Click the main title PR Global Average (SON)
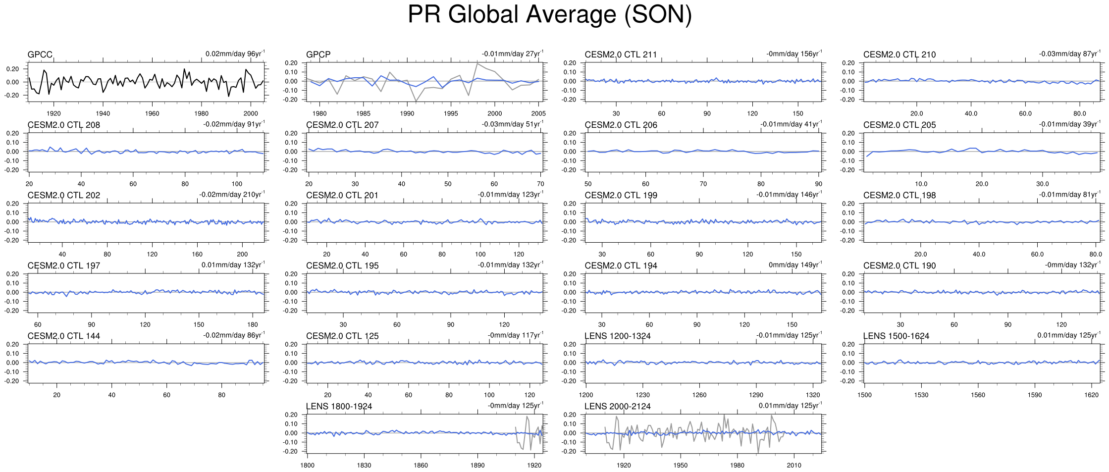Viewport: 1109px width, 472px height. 549,15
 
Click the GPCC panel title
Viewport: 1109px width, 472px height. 40,54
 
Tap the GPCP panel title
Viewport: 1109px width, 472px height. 318,54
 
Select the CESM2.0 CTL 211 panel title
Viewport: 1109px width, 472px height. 621,54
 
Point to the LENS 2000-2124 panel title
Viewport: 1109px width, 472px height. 617,406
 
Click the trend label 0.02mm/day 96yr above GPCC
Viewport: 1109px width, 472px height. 235,53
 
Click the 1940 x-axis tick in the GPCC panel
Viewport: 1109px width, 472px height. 103,113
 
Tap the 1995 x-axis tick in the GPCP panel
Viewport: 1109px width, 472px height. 451,113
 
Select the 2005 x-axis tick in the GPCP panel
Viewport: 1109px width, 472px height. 538,113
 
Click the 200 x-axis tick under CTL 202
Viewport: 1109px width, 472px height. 242,254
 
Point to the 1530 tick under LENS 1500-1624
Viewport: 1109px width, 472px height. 921,395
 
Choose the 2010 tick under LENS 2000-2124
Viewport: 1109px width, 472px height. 794,465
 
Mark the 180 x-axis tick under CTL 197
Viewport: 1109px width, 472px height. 253,324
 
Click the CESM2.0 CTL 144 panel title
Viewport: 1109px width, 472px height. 63,336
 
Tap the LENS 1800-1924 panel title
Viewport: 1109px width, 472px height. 339,406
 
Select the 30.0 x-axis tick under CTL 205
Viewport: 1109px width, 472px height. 1042,184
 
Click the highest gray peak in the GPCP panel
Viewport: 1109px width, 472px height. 477,63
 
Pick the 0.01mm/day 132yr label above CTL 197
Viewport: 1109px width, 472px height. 233,264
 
